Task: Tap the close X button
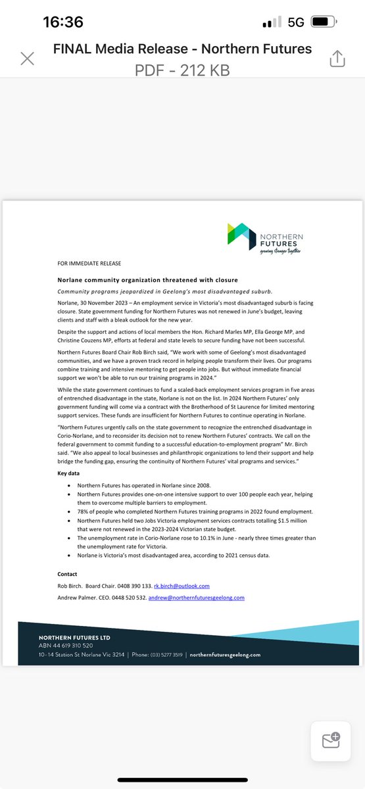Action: click(27, 59)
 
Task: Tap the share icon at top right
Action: click(337, 59)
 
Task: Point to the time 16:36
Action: click(63, 22)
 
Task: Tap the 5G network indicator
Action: click(296, 22)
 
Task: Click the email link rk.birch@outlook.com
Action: click(182, 586)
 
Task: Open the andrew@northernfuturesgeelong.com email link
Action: click(196, 598)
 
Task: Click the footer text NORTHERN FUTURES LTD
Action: click(74, 638)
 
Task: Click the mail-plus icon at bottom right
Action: click(331, 740)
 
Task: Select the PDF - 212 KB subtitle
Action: click(182, 70)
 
